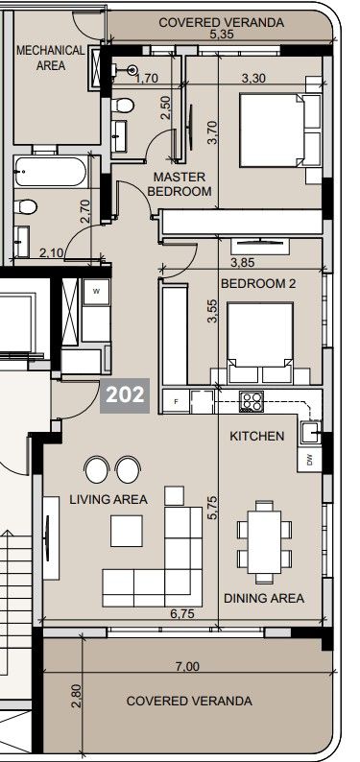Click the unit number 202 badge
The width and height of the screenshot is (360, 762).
pos(125,394)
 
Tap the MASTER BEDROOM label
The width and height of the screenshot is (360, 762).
pos(179,184)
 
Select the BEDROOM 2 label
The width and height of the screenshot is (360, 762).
pos(258,284)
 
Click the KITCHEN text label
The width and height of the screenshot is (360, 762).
pos(256,436)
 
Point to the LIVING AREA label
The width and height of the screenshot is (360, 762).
pos(108,499)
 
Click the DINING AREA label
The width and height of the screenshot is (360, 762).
pos(263,598)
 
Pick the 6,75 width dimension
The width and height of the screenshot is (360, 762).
pos(183,612)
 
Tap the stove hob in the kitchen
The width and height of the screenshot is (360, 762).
pos(251,402)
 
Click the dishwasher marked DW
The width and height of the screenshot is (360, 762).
pos(309,460)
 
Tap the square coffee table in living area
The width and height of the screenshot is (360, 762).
pos(127,531)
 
